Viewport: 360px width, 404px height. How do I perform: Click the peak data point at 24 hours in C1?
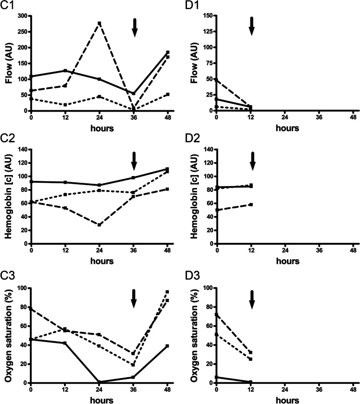pyautogui.click(x=99, y=23)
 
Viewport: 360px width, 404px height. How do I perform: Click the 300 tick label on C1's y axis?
pyautogui.click(x=23, y=16)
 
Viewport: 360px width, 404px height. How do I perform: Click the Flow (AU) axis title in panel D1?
pyautogui.click(x=194, y=63)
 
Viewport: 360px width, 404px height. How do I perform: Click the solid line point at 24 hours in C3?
pyautogui.click(x=99, y=382)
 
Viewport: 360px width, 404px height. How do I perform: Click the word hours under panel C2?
pyautogui.click(x=99, y=261)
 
